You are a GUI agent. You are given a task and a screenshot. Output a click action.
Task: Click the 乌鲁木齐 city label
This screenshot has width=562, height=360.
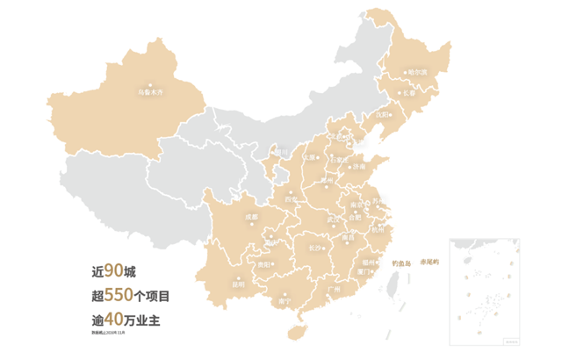tap(151, 90)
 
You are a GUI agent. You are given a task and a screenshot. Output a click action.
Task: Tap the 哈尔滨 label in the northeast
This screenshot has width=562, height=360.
tap(417, 71)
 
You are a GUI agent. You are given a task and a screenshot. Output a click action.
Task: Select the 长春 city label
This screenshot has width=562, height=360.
tap(412, 91)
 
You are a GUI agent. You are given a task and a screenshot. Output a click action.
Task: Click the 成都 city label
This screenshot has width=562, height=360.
tap(252, 215)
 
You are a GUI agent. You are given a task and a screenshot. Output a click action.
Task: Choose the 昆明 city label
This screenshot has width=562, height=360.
tap(238, 283)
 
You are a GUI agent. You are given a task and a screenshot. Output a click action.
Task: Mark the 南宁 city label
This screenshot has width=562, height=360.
tap(283, 300)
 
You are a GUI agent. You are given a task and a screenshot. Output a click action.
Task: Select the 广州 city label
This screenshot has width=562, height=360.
tap(331, 287)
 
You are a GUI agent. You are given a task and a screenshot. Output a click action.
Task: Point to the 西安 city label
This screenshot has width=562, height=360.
tap(290, 199)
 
